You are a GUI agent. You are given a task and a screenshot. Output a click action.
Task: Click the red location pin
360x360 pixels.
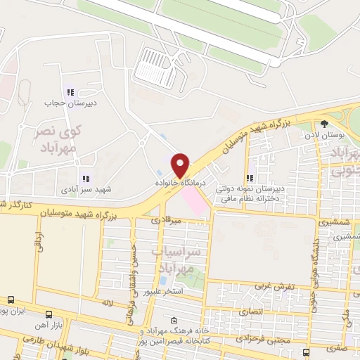pyautogui.click(x=181, y=165)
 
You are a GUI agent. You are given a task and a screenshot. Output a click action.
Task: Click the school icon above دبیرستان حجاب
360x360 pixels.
pyautogui.click(x=69, y=91)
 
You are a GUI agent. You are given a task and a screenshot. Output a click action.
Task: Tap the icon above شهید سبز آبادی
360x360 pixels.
pyautogui.click(x=86, y=179)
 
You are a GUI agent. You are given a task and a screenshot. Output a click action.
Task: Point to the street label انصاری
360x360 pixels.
pyautogui.click(x=250, y=309)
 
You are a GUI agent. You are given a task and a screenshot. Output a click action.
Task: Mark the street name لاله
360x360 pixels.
pyautogui.click(x=107, y=302)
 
